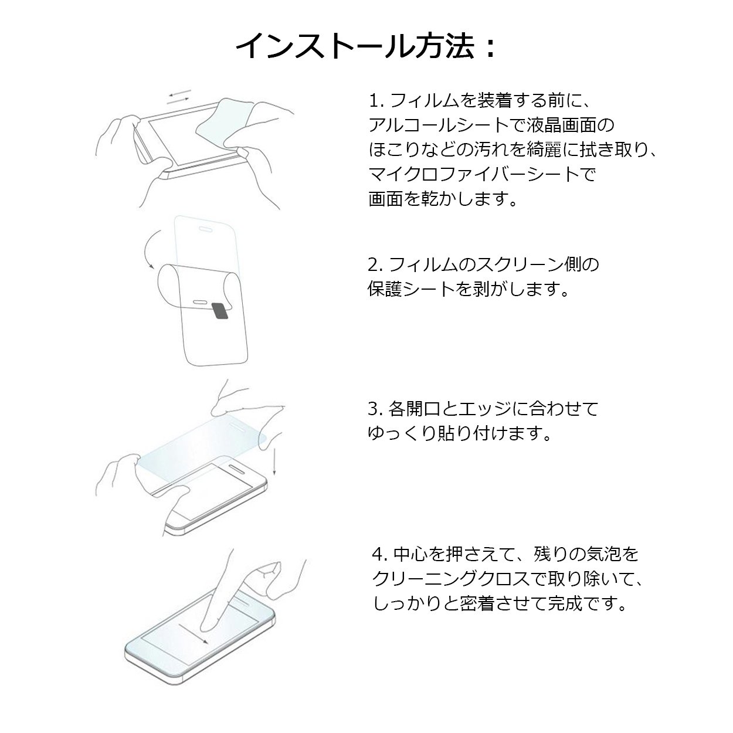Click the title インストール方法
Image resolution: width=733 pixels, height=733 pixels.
point(355,46)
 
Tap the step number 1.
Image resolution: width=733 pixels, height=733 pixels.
point(375,101)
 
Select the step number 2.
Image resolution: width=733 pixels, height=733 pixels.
point(374,264)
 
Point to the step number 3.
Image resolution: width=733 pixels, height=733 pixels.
point(374,409)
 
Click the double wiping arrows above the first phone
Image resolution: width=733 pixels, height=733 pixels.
point(179,96)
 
